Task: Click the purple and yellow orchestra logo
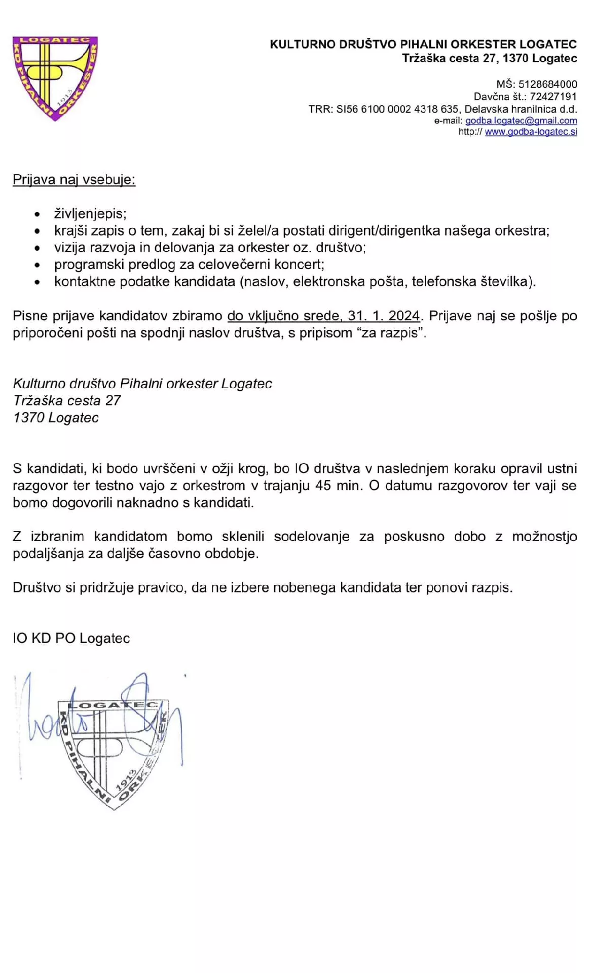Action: click(55, 78)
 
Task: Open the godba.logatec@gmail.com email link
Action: click(521, 121)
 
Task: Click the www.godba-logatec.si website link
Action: click(531, 132)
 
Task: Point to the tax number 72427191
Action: click(553, 96)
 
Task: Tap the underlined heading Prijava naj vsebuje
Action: click(74, 180)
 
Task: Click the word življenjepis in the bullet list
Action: click(90, 214)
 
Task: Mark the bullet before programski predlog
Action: click(37, 265)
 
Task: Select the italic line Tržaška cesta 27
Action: click(67, 401)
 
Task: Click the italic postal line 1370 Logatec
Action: click(56, 418)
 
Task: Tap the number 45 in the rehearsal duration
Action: click(323, 485)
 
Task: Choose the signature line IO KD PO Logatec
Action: click(71, 639)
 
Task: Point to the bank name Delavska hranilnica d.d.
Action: click(521, 109)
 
